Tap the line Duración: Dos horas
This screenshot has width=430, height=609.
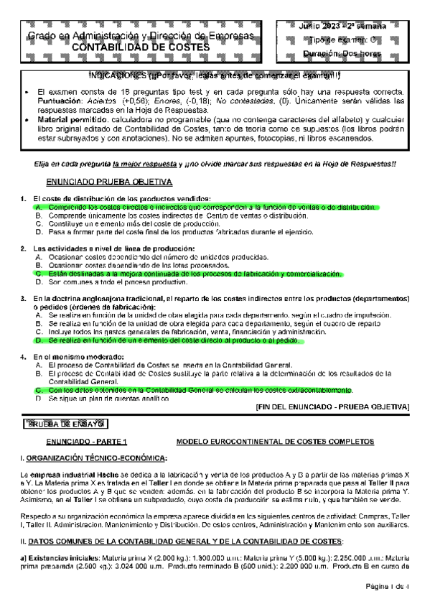[352, 53]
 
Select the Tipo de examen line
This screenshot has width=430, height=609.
[353, 39]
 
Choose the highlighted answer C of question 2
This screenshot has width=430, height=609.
[187, 274]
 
